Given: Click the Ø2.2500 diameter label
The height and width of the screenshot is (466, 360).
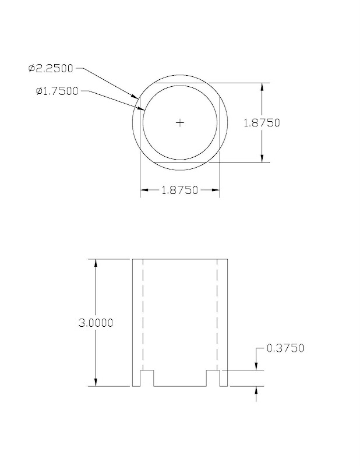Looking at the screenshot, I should click(x=50, y=69).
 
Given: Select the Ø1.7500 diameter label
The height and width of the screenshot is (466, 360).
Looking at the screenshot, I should click(x=56, y=91).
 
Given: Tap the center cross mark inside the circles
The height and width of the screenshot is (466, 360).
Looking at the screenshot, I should click(x=180, y=122).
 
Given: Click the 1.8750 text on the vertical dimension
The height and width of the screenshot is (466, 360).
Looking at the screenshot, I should click(x=261, y=122).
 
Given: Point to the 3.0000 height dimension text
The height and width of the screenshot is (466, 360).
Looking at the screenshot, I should click(x=96, y=322).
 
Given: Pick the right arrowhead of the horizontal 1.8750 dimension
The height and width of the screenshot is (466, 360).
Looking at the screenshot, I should click(x=215, y=190).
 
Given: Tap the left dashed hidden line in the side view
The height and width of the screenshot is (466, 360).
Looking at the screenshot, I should click(x=142, y=315).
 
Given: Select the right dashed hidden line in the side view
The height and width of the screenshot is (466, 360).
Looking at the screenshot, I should click(x=218, y=315).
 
